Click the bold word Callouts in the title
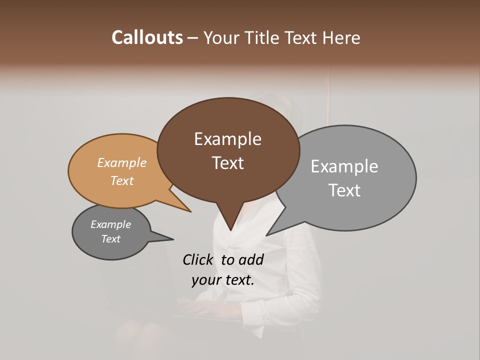pyautogui.click(x=147, y=38)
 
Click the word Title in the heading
pyautogui.click(x=263, y=38)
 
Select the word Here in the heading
pyautogui.click(x=342, y=38)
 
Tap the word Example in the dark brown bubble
pyautogui.click(x=227, y=139)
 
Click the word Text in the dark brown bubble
pyautogui.click(x=227, y=163)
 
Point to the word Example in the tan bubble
pyautogui.click(x=122, y=162)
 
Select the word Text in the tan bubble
pyautogui.click(x=122, y=180)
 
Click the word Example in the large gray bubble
pyautogui.click(x=344, y=166)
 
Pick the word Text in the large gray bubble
pyautogui.click(x=344, y=190)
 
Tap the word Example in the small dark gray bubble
pyautogui.click(x=110, y=224)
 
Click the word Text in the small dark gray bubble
pyautogui.click(x=110, y=239)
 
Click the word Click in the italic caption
pyautogui.click(x=197, y=259)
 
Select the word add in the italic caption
pyautogui.click(x=251, y=259)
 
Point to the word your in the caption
pyautogui.click(x=205, y=280)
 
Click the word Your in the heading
pyautogui.click(x=221, y=38)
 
